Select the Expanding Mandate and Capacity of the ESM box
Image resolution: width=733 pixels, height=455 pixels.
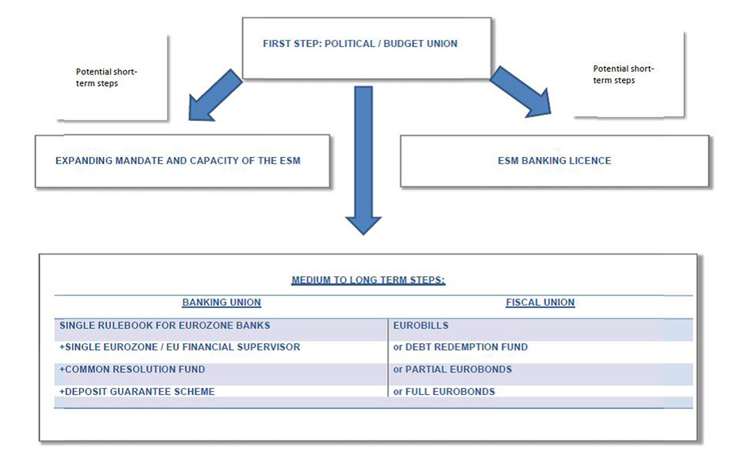[x=178, y=161]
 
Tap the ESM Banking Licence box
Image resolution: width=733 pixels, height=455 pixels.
[x=554, y=161]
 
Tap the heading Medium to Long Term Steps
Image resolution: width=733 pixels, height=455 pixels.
[x=368, y=280]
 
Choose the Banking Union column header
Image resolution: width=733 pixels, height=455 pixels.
[x=221, y=302]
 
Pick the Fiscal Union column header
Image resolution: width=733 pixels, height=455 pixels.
[x=540, y=302]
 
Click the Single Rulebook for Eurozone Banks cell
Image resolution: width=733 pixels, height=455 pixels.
[x=165, y=326]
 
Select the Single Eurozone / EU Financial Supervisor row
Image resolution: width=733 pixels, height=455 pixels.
[x=180, y=347]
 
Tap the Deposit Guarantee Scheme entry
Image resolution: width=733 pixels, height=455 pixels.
[x=137, y=391]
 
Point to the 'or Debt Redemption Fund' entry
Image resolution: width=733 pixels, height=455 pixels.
[x=461, y=347]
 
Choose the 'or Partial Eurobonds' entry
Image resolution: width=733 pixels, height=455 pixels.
[x=453, y=369]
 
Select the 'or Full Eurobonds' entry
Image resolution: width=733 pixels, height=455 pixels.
[x=444, y=391]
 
